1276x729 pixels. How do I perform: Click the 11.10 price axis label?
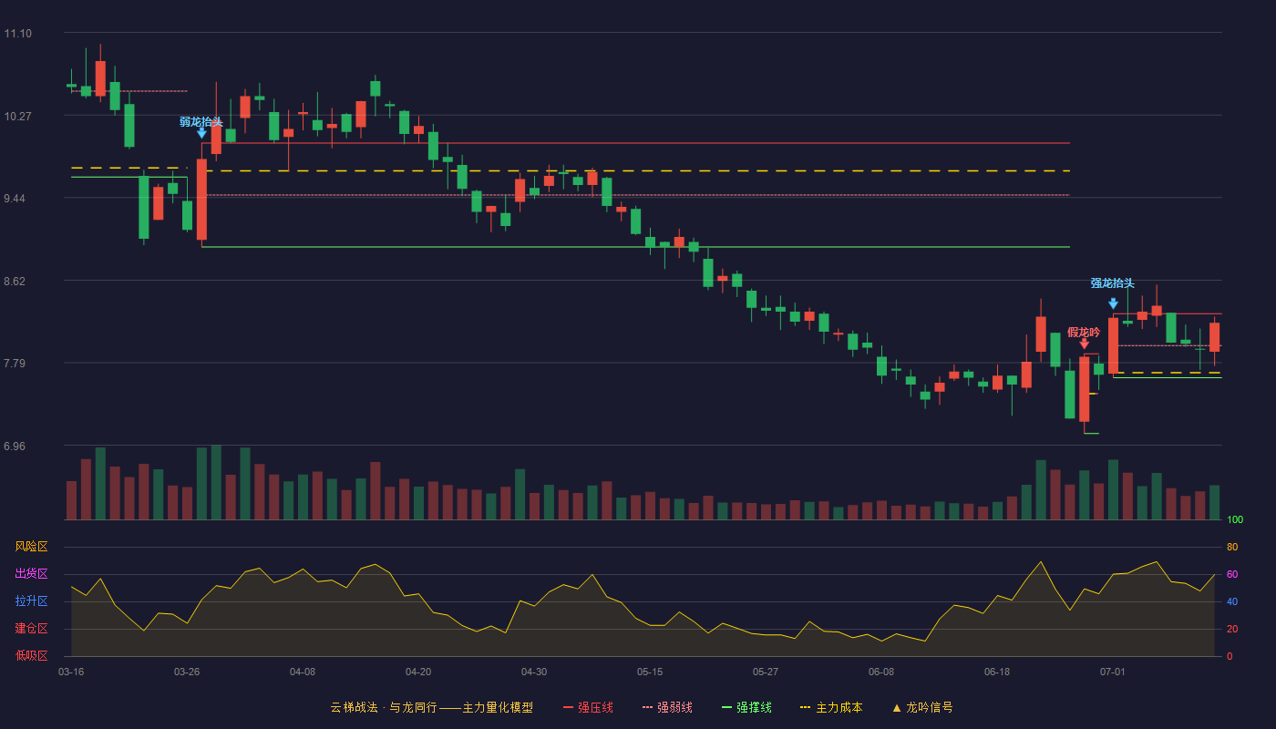point(17,34)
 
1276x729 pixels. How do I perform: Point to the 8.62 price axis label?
point(15,282)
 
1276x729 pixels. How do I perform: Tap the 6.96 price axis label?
point(15,447)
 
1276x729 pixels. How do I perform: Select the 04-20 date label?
point(418,673)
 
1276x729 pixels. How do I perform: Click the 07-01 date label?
point(1113,673)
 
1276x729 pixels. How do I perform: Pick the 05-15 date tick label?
point(650,673)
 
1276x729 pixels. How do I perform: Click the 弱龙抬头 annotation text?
point(201,122)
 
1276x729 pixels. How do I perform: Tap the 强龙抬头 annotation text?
point(1113,283)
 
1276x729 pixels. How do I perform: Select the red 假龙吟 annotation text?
point(1084,332)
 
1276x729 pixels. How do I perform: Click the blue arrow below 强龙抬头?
point(1113,303)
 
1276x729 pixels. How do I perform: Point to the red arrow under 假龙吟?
point(1084,344)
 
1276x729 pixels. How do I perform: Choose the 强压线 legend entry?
point(589,707)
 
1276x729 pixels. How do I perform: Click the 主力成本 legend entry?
point(831,707)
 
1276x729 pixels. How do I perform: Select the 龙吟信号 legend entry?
point(922,707)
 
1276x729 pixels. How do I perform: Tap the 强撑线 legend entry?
point(746,707)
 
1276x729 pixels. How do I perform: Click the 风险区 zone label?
point(31,547)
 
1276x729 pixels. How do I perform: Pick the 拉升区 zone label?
point(31,601)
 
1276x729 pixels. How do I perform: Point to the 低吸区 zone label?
point(31,655)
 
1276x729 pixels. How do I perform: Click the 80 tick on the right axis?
point(1232,548)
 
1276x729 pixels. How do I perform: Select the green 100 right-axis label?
point(1235,519)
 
